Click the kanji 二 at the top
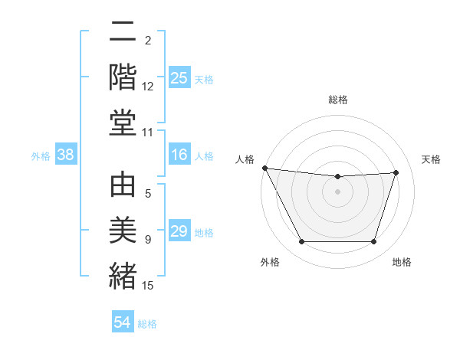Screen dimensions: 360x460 pos(123,33)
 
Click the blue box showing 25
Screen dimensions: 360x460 pos(179,77)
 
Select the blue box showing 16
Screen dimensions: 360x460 pos(179,155)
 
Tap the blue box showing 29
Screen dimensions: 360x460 pos(179,231)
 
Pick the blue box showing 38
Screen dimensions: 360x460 pos(65,155)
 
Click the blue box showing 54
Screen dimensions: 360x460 pos(123,322)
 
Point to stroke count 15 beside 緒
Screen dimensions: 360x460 pos(148,286)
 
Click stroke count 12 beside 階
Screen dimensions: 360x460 pos(148,87)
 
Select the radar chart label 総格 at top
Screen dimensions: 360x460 pos(337,100)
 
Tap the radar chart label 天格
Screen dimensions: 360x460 pos(432,159)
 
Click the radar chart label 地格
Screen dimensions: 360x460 pos(402,262)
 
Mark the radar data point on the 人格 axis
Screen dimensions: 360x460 pos(264,168)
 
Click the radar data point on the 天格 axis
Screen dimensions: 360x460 pos(396,172)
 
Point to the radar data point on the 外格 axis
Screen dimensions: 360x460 pos(301,242)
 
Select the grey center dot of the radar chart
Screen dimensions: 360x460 pos(337,191)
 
